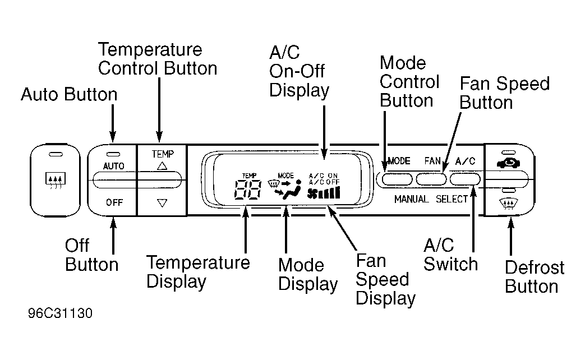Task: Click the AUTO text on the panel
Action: click(114, 166)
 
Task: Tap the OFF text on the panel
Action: click(114, 202)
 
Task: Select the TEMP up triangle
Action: click(162, 166)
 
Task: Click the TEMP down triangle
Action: click(162, 203)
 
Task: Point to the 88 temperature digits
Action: click(248, 189)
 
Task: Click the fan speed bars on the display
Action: click(324, 192)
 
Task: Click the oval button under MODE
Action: click(397, 179)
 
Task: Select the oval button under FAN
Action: click(431, 179)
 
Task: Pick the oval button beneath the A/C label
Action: click(465, 179)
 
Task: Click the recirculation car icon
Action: click(509, 163)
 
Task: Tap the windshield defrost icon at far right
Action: click(509, 204)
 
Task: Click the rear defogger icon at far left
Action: click(55, 180)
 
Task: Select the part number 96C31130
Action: click(60, 313)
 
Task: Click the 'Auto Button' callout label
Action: click(69, 94)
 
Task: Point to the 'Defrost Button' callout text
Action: click(535, 277)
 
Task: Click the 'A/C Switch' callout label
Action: click(451, 255)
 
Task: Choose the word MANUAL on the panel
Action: click(411, 200)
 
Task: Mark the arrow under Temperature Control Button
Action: click(159, 110)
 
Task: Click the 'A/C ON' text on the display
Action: click(323, 176)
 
